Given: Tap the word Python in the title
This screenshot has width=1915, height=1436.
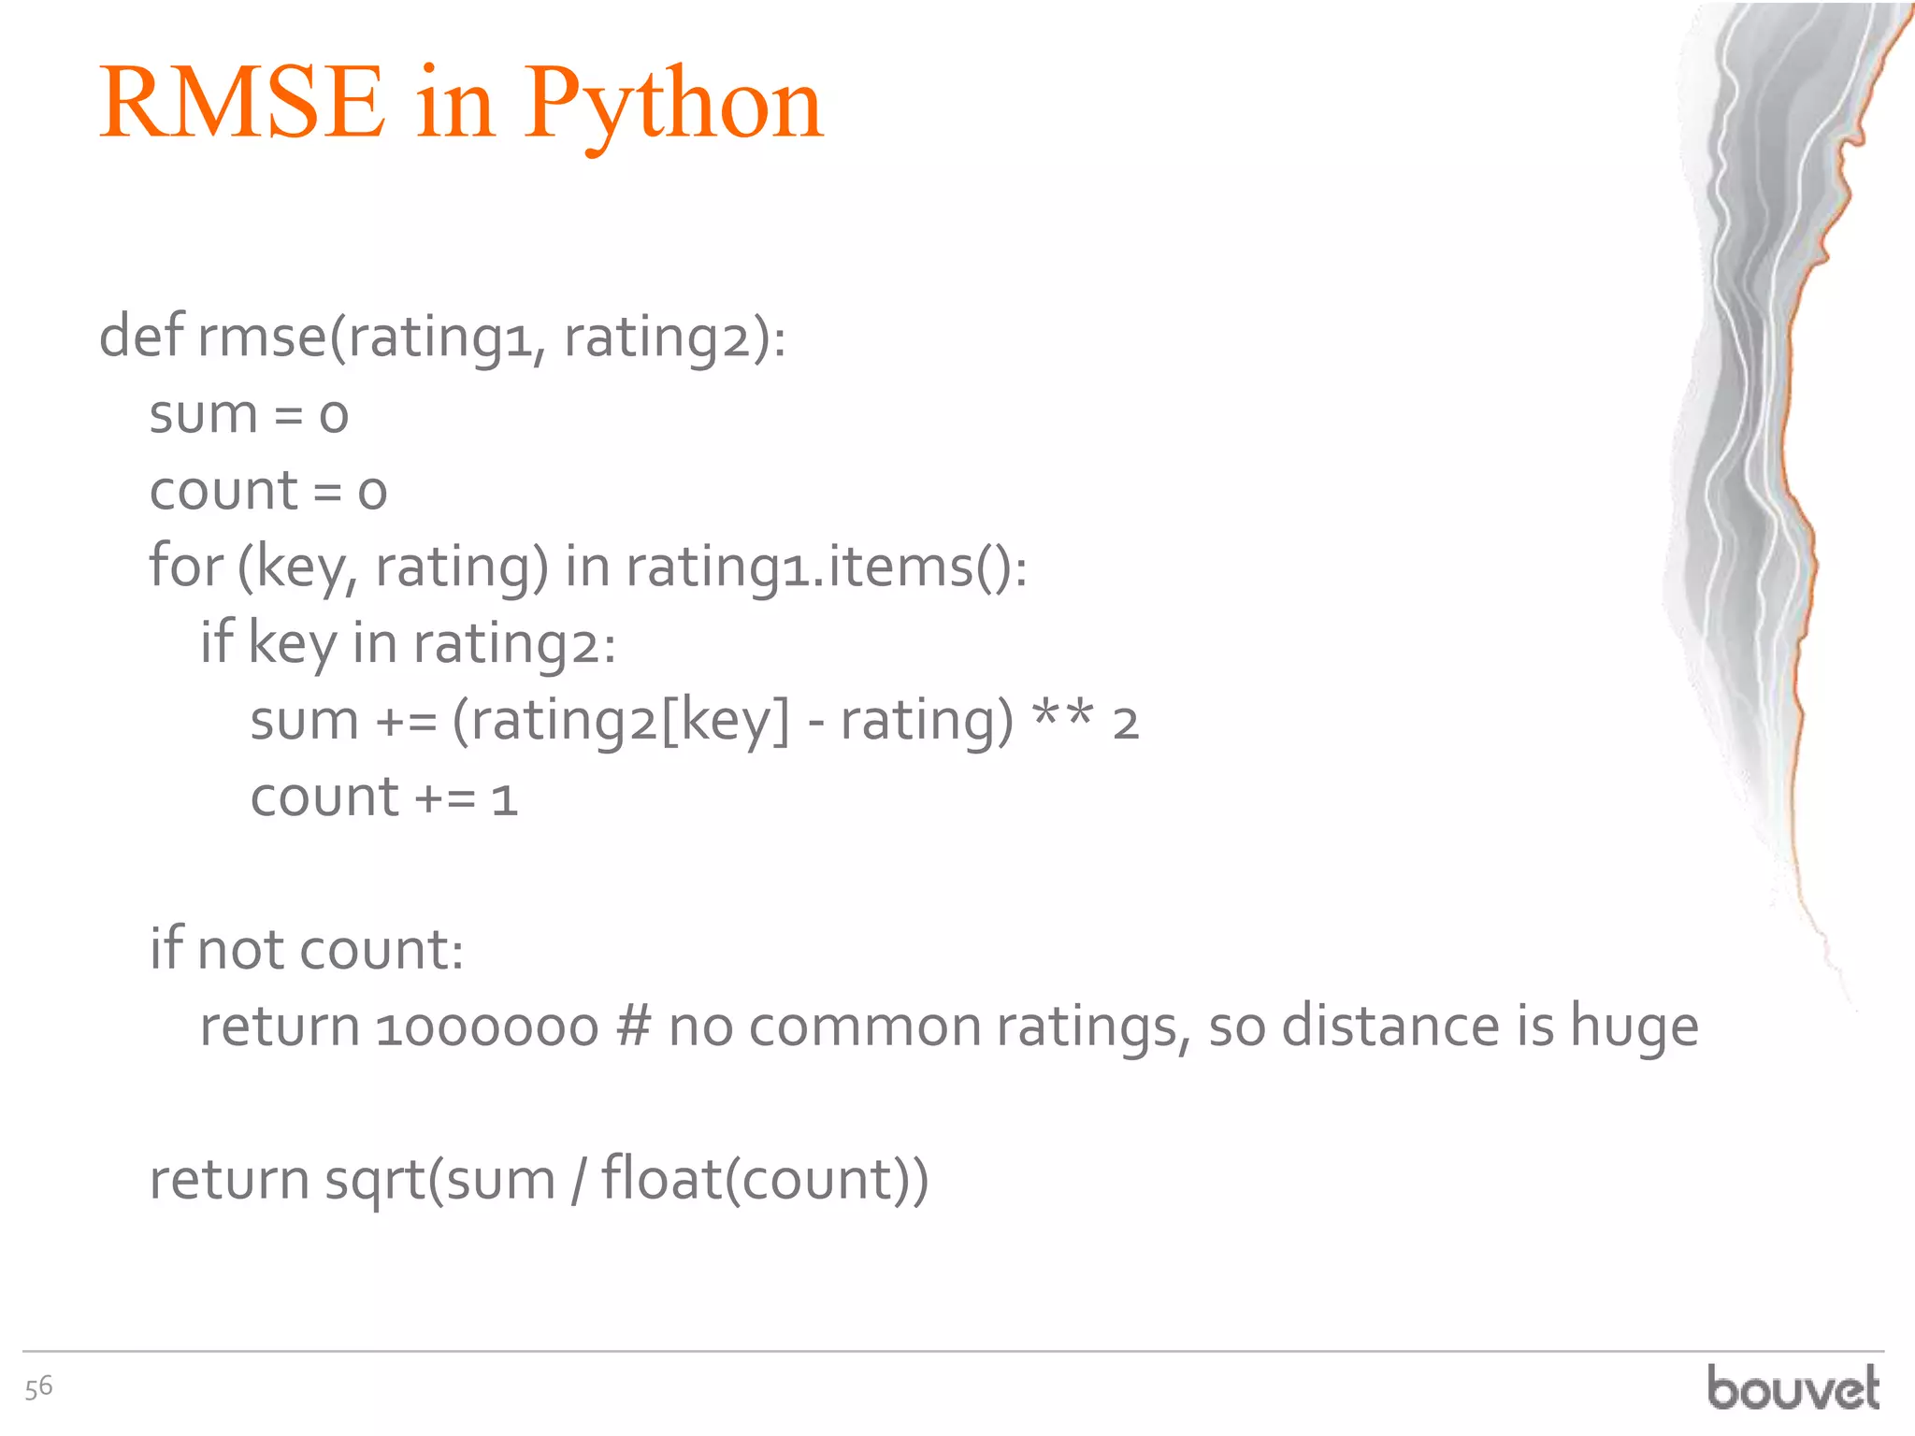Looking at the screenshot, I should click(673, 105).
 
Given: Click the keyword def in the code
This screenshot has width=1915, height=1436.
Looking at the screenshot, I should click(141, 336).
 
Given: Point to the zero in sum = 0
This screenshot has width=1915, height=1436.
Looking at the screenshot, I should click(334, 416).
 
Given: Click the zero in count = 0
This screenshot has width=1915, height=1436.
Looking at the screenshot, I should click(372, 493).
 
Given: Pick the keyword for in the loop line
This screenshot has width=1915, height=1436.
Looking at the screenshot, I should click(186, 567).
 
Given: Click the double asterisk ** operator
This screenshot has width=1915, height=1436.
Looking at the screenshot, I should click(1062, 720).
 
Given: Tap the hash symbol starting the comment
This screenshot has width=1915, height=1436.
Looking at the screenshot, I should click(634, 1027).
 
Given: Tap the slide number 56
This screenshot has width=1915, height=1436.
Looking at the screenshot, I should click(39, 1387).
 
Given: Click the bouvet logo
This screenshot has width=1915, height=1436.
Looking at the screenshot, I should click(1793, 1387).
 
